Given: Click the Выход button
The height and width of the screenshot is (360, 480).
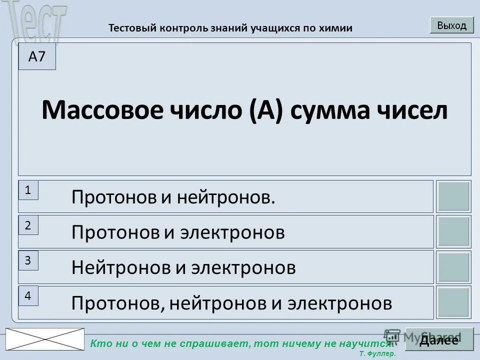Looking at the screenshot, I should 451,25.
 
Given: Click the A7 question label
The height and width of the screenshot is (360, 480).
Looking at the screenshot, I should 37,56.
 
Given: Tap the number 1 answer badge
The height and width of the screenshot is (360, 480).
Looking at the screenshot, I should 28,190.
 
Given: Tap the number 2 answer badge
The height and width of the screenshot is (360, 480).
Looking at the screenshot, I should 28,225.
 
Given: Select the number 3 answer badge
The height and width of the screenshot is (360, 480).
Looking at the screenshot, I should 28,260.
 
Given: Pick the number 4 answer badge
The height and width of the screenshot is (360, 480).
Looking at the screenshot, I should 28,296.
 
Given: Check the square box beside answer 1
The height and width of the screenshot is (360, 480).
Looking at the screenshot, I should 453,196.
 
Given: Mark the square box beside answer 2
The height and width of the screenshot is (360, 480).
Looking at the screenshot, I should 453,231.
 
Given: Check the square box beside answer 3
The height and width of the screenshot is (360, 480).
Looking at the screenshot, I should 453,267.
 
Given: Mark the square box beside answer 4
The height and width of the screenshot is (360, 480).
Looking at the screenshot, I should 453,302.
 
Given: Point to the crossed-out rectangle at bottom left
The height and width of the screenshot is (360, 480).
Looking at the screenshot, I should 45,339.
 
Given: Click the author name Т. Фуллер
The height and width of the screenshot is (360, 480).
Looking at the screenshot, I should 377,353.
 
